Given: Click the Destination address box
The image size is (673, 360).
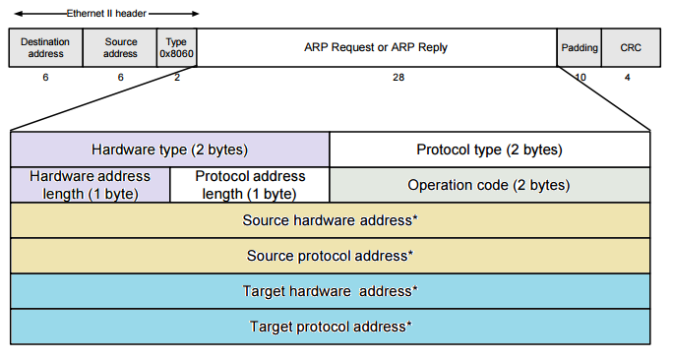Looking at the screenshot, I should tap(45, 47).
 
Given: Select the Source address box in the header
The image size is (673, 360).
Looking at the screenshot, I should tap(120, 47).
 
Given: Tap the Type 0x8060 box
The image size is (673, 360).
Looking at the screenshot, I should tap(176, 47).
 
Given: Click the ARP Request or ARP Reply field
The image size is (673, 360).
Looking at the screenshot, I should tap(377, 47).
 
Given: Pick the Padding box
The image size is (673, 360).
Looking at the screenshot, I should tap(580, 47).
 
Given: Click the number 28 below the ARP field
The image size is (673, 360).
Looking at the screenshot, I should tap(398, 78).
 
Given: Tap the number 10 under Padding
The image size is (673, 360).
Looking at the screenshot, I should tap(580, 78).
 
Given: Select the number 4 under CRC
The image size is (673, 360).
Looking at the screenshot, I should tap(628, 78).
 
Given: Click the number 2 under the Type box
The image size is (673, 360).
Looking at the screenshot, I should tap(177, 78).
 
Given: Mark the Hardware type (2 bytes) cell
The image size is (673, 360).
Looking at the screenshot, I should tap(169, 150).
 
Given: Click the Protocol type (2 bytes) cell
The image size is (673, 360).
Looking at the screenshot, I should tap(489, 150).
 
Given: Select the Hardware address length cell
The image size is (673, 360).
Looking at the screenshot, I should tap(91, 185).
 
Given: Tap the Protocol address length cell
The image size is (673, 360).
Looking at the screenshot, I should tap(250, 185).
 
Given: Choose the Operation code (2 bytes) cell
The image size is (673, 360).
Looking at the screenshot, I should tap(489, 185).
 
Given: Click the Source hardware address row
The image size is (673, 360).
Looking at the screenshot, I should tap(330, 220).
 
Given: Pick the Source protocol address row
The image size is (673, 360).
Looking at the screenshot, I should tap(330, 256).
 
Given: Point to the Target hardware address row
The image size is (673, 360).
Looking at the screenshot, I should tap(330, 291).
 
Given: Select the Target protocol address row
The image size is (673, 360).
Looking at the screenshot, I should tap(330, 326).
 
